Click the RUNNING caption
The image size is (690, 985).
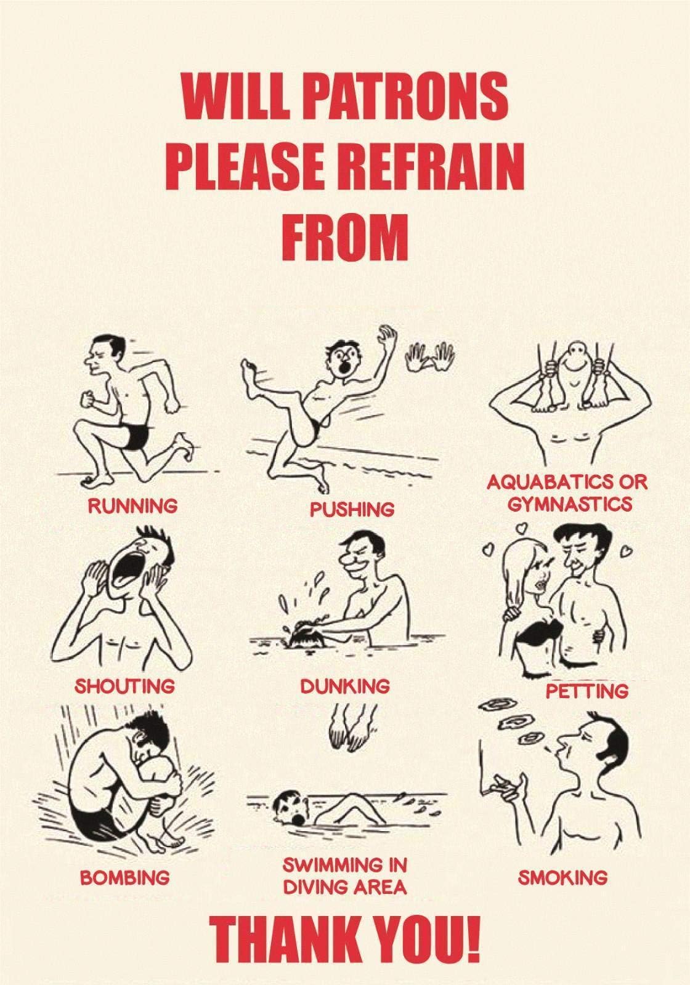coord(132,506)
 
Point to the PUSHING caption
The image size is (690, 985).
coord(352,509)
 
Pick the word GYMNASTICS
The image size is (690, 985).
coord(570,504)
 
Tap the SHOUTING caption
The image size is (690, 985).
coord(125,685)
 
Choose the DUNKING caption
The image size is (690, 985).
coord(345,686)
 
